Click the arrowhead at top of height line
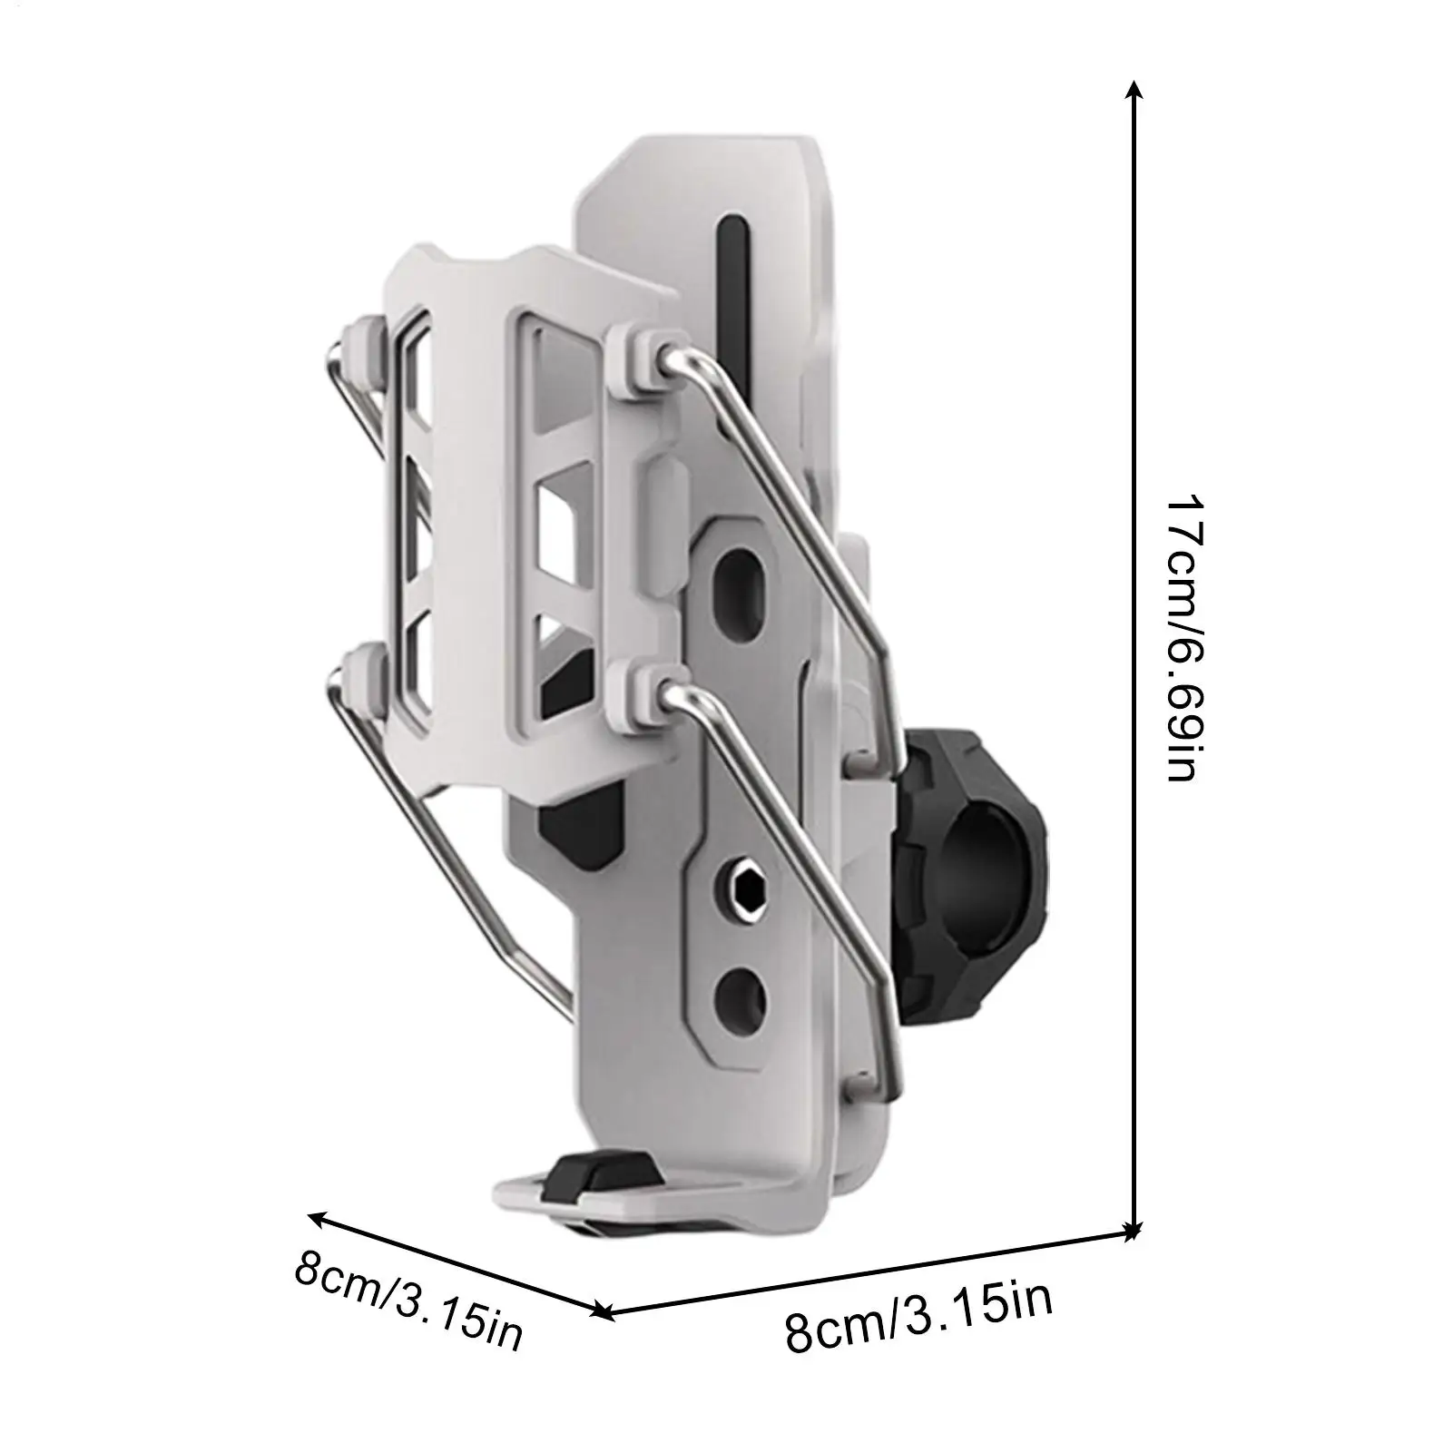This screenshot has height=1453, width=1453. (x=1132, y=89)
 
